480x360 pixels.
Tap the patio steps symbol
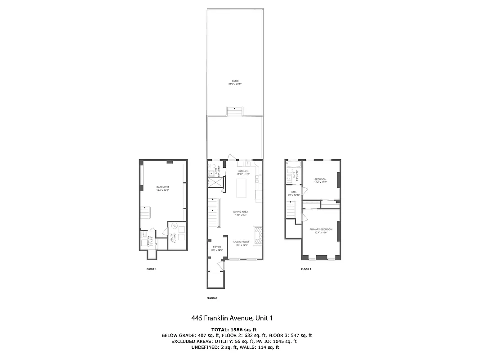(234, 111)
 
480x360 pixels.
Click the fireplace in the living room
(257, 235)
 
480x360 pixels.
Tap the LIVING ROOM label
(241, 243)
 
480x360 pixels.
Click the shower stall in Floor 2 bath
(213, 182)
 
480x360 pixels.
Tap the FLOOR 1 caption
(152, 269)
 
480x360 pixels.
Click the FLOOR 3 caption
(306, 269)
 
